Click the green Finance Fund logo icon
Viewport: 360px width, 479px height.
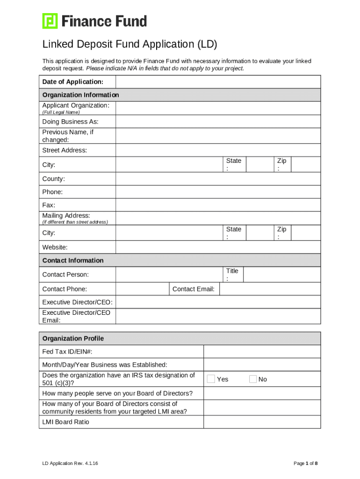point(50,21)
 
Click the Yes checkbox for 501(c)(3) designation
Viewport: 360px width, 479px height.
point(211,379)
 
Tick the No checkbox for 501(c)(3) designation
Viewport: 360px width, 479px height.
point(253,379)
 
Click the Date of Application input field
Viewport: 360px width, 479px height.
point(218,82)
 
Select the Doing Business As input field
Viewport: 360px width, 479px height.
point(218,122)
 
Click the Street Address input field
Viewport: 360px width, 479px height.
point(218,150)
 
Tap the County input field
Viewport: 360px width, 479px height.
point(218,179)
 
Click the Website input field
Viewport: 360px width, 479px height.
point(218,247)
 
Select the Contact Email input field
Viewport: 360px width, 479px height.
point(270,289)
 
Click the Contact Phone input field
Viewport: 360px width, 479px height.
point(142,289)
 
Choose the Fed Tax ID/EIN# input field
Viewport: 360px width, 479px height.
point(262,352)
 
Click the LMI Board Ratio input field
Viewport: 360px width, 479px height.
point(262,422)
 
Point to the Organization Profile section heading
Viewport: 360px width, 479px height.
point(73,339)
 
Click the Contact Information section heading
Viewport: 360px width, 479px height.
point(73,261)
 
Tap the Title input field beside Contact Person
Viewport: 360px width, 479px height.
point(282,275)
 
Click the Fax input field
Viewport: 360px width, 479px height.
point(218,205)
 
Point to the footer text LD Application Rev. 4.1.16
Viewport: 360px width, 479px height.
point(70,464)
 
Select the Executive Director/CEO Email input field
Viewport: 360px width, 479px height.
point(218,316)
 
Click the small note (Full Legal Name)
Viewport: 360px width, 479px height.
point(61,112)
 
